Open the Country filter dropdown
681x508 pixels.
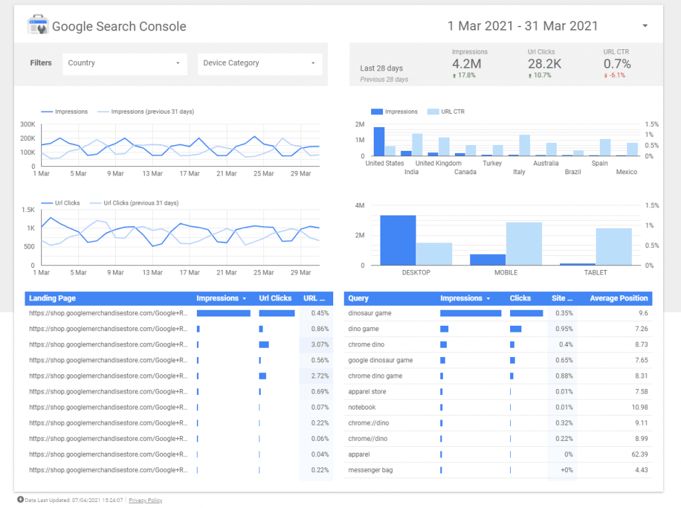click(x=124, y=63)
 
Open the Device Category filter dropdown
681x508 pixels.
click(x=259, y=63)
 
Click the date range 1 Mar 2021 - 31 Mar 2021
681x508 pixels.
click(x=523, y=26)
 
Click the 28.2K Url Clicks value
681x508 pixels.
click(x=545, y=64)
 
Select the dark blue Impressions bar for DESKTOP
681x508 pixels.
click(x=398, y=240)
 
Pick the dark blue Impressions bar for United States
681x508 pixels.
click(x=379, y=141)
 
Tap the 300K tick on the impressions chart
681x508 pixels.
click(x=27, y=124)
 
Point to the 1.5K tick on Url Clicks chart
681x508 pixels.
click(x=27, y=209)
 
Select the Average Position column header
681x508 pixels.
click(x=618, y=299)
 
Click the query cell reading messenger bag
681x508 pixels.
click(x=370, y=470)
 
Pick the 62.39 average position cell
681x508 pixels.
click(x=639, y=455)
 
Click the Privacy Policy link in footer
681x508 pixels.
click(x=146, y=500)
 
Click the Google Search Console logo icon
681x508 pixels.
click(x=37, y=27)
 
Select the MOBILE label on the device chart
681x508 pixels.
click(x=505, y=273)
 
